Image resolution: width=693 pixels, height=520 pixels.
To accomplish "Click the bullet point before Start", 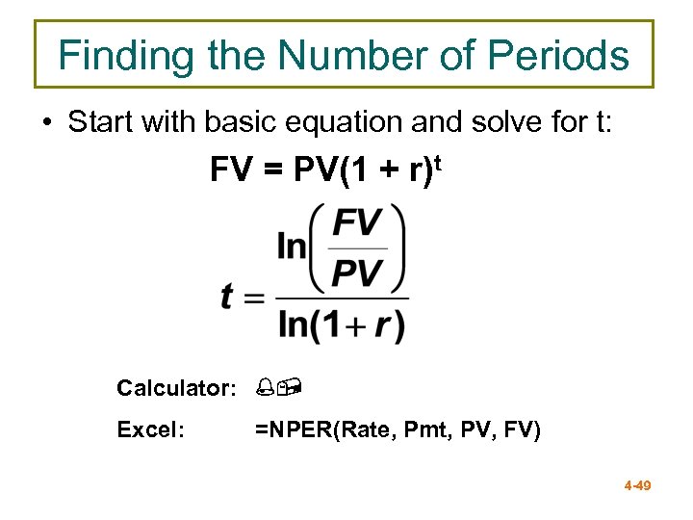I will (x=45, y=123).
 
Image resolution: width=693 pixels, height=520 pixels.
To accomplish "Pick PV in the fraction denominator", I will (x=357, y=273).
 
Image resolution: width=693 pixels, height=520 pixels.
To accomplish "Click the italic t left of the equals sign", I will (x=227, y=296).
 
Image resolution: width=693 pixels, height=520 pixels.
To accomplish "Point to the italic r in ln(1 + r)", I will (x=382, y=325).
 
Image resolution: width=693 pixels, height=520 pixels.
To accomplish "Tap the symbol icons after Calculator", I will (x=276, y=388).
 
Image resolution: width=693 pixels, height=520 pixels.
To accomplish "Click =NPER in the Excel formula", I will (x=292, y=430).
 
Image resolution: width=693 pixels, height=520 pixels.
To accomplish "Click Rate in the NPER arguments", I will (x=361, y=430).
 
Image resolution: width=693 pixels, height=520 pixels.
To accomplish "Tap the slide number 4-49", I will (x=637, y=485).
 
